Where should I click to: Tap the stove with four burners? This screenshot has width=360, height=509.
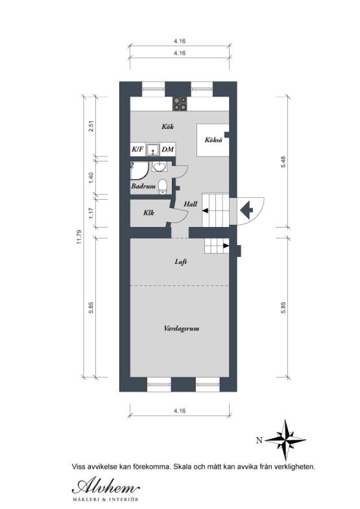point(180,104)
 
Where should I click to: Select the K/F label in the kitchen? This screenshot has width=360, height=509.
point(138,150)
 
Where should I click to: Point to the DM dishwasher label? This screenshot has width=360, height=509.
point(167,150)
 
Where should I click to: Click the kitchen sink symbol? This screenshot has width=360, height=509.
point(152,150)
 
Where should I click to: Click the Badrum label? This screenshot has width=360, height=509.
point(143,186)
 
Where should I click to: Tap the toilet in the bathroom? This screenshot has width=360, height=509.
point(163,187)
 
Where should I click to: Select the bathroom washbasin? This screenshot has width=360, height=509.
point(160,168)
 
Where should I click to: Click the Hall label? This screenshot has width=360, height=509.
point(190,204)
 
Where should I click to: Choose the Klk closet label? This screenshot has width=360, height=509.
point(148,212)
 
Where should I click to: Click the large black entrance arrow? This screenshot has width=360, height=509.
point(246,209)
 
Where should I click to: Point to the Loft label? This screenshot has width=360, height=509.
point(181,263)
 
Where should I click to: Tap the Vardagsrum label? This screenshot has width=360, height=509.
point(181,329)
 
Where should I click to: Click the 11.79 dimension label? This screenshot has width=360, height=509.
point(80,237)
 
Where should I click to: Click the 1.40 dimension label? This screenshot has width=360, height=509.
point(91,175)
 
